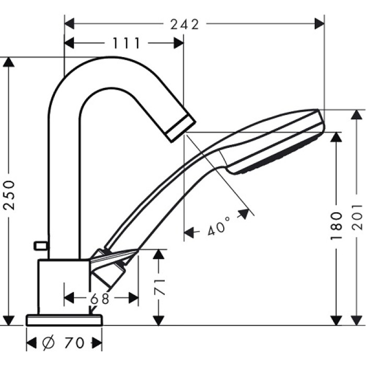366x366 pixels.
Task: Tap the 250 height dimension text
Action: [9, 193]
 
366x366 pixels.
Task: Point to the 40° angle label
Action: [219, 228]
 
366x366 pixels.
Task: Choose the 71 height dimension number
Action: [160, 287]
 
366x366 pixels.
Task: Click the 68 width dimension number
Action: [99, 299]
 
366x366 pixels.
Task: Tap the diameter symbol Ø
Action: [47, 343]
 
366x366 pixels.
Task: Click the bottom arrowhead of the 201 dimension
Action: [357, 319]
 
